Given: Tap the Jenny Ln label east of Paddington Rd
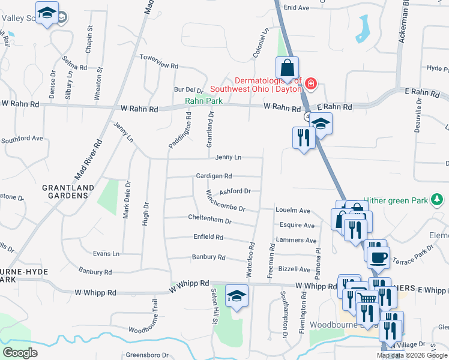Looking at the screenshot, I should [228, 157].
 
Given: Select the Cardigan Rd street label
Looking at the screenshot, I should [214, 176].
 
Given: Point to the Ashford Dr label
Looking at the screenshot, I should [234, 191].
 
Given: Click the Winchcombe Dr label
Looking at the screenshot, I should [226, 200].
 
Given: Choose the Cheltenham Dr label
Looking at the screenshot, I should [209, 221].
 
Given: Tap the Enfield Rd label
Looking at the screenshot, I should [208, 237].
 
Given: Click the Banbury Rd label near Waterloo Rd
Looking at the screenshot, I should [208, 257].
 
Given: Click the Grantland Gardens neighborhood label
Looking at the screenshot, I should [68, 192].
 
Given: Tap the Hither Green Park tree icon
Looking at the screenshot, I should [438, 199].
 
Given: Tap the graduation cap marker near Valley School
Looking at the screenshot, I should [46, 13].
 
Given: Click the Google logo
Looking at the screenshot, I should [20, 352].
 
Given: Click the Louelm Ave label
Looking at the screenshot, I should [292, 211].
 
